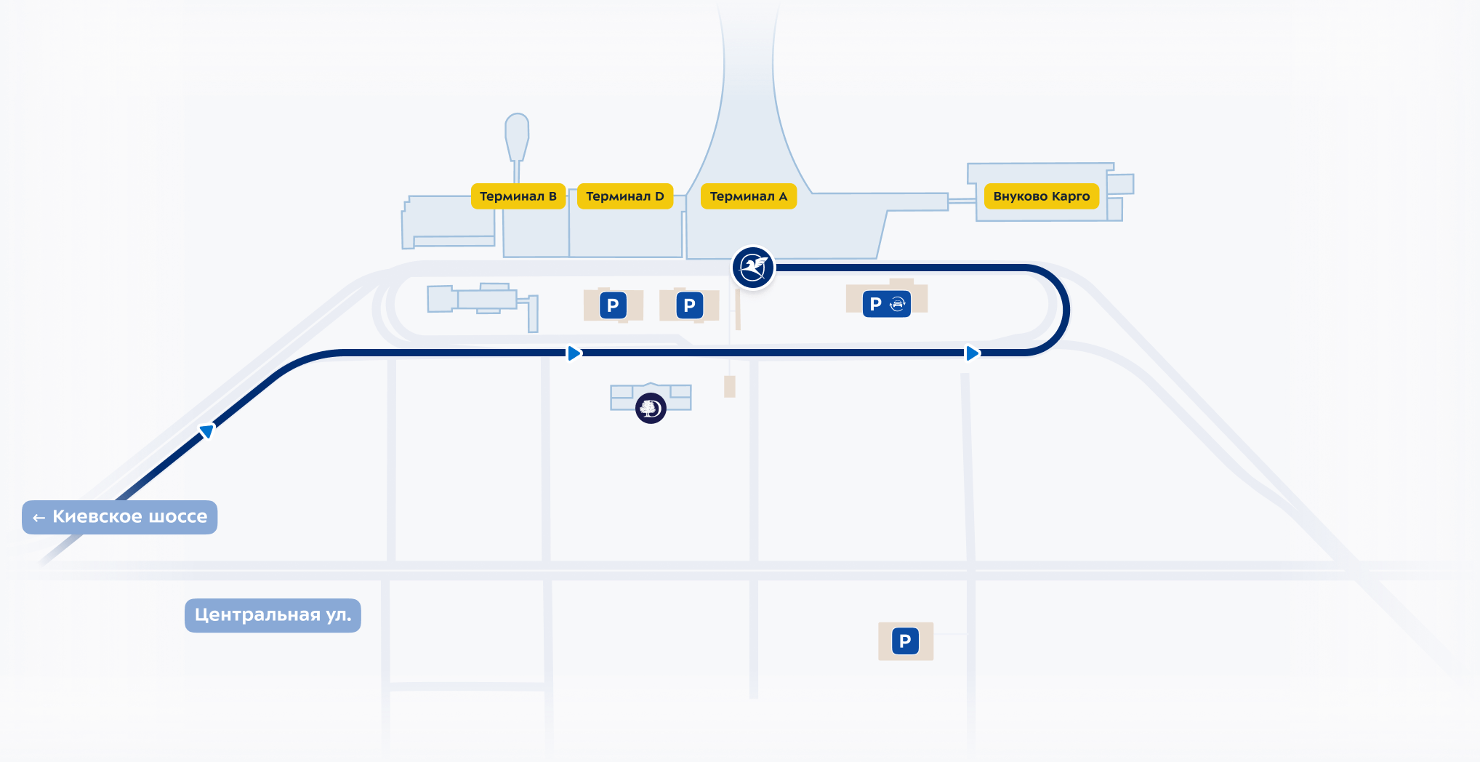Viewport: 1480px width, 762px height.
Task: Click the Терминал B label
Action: click(518, 196)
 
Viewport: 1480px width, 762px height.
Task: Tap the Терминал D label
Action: click(625, 196)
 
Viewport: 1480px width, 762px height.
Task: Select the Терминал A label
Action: click(748, 196)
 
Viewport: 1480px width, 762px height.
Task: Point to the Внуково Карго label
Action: click(1041, 196)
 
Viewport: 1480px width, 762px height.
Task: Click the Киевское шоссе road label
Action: click(120, 517)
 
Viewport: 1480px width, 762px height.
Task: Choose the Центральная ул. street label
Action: click(273, 615)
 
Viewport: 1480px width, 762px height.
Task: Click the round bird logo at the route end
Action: click(753, 268)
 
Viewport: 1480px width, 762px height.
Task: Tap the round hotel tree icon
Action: click(651, 408)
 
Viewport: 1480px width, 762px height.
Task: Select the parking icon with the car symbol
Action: click(887, 304)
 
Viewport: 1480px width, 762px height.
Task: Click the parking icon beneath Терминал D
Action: click(613, 305)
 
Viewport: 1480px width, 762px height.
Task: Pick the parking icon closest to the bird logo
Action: click(689, 305)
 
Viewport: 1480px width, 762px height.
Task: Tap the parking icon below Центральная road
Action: click(905, 641)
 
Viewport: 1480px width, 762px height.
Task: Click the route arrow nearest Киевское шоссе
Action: click(207, 431)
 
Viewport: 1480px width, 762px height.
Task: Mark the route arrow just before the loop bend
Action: click(972, 353)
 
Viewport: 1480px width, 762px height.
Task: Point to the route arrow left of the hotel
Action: click(574, 353)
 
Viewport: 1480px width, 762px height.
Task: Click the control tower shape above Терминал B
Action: click(517, 135)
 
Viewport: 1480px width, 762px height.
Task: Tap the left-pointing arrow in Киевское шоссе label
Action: click(39, 518)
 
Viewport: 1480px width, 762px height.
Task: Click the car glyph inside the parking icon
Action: click(898, 304)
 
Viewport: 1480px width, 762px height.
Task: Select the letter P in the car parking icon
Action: click(875, 304)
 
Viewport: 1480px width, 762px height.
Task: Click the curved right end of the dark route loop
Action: click(1065, 310)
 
